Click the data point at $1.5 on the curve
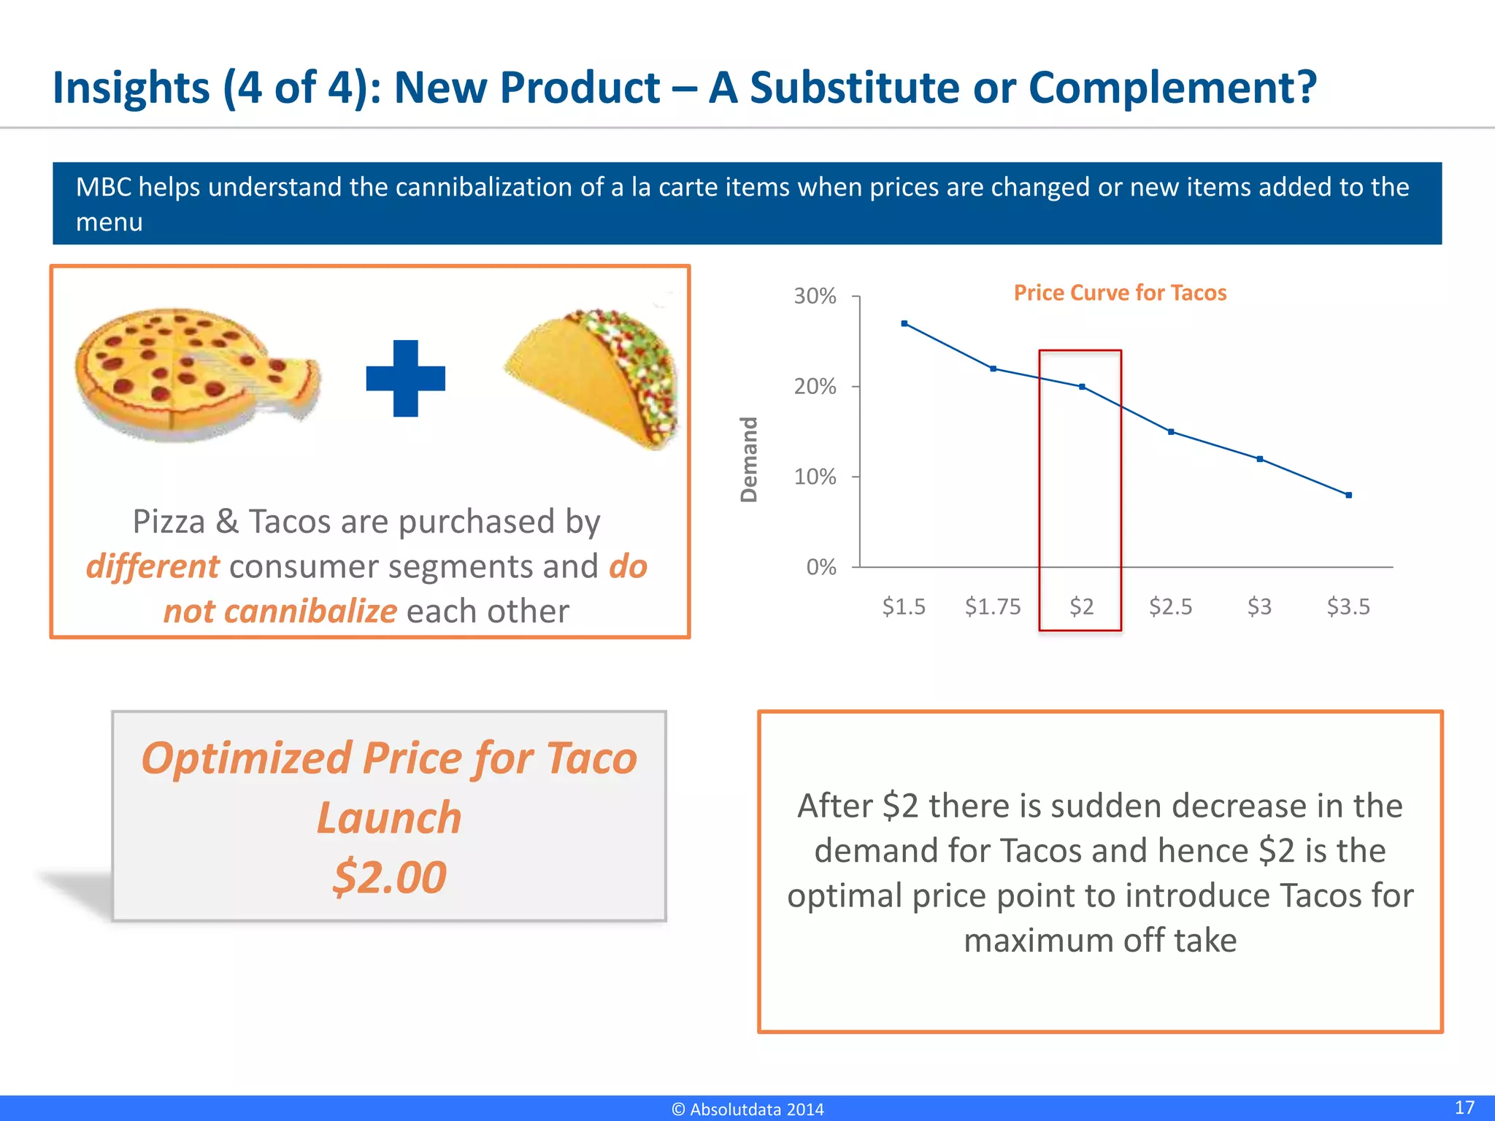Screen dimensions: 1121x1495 [x=904, y=323]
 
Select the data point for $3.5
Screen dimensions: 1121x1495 [x=1348, y=495]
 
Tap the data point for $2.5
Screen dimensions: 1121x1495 [x=1171, y=432]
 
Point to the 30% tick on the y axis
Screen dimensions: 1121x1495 [x=815, y=296]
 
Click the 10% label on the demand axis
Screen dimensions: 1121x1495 [x=815, y=477]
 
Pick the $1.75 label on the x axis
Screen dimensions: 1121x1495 [x=993, y=606]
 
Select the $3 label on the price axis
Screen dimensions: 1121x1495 [x=1259, y=606]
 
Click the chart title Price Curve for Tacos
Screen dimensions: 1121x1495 [x=1120, y=293]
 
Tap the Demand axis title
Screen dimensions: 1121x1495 [x=749, y=460]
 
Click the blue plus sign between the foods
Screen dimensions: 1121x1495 [x=406, y=379]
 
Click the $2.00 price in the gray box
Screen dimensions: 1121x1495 [x=389, y=877]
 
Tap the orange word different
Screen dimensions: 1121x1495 [x=152, y=567]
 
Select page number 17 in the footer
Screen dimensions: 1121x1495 [x=1464, y=1107]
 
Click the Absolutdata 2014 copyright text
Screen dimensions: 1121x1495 [x=747, y=1109]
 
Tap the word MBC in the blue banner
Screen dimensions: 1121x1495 [x=103, y=188]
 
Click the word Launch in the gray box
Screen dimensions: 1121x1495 [x=389, y=817]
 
